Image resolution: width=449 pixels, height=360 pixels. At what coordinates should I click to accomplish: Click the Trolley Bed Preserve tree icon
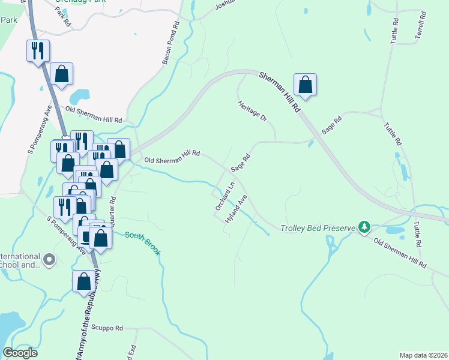click(x=364, y=227)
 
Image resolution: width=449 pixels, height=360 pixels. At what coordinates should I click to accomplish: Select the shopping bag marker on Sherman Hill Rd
click(x=305, y=85)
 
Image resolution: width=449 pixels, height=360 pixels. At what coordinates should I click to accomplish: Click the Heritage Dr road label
click(x=252, y=111)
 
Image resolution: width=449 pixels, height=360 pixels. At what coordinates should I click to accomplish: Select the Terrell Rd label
click(x=421, y=26)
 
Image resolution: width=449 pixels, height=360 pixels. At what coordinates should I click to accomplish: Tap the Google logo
click(x=20, y=353)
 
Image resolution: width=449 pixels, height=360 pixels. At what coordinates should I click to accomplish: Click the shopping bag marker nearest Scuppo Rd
click(x=83, y=281)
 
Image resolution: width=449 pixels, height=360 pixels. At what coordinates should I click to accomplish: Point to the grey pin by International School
click(x=49, y=260)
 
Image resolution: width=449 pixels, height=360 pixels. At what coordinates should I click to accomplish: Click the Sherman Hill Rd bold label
click(x=279, y=91)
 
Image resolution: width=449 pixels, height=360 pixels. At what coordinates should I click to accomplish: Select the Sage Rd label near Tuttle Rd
click(x=331, y=124)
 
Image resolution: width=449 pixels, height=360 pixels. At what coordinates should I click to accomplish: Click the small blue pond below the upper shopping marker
click(x=79, y=96)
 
